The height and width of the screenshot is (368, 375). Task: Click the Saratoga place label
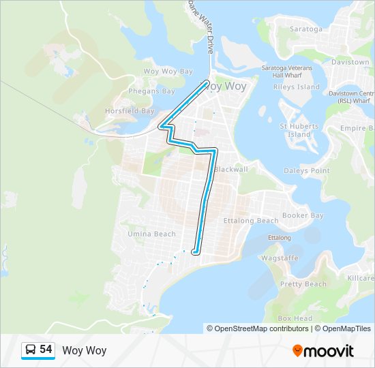coord(306,29)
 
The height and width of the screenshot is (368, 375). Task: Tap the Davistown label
coord(350,61)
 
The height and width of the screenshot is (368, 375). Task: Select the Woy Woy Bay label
coord(168,71)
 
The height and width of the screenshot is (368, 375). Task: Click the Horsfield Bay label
coord(129,110)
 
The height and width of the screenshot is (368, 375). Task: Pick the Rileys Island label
coord(296,87)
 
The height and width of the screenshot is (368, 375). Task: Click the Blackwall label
coord(230,169)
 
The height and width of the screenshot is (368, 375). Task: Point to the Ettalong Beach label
coord(251,220)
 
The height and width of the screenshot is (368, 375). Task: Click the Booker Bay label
coord(303,215)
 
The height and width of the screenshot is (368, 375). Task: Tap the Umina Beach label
coord(151,234)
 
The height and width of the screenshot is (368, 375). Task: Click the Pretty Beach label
coord(303,283)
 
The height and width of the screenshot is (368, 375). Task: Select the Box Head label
coord(295,318)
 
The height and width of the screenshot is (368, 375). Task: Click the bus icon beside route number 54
coord(31,350)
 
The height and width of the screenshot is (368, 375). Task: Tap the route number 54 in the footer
coord(46,350)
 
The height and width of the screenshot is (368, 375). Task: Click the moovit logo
coord(323,351)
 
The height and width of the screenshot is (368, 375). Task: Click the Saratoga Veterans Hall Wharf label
coord(287,72)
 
